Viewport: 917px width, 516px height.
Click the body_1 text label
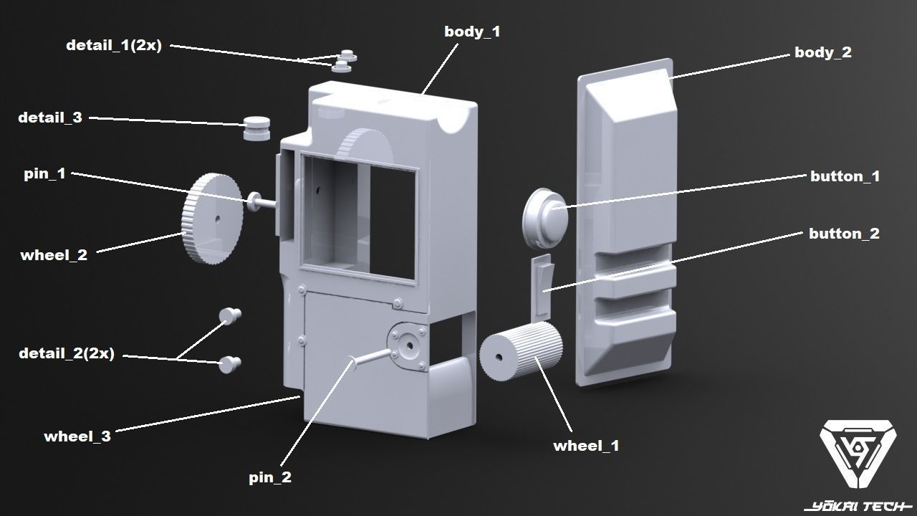[x=472, y=32]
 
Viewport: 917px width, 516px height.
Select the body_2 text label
[x=822, y=52]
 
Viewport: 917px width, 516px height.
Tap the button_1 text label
[x=845, y=176]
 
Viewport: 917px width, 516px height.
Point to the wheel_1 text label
[x=585, y=446]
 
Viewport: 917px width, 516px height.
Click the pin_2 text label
[x=270, y=478]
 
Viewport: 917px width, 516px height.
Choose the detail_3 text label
[x=50, y=118]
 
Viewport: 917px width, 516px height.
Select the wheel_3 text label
[x=77, y=436]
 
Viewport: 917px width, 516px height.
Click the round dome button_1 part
[x=545, y=215]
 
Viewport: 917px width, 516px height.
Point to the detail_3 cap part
[x=256, y=128]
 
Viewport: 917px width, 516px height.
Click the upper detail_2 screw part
[x=230, y=315]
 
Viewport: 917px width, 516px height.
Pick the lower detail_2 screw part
[x=230, y=364]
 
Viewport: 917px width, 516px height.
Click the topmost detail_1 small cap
[x=348, y=55]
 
